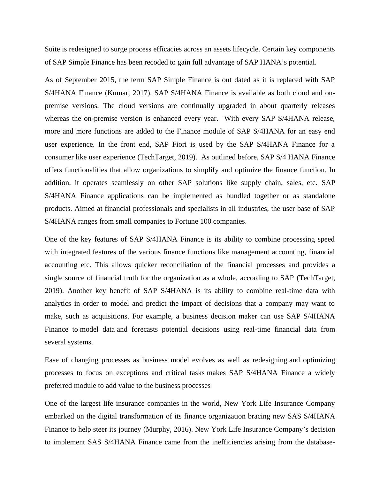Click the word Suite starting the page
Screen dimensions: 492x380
52,49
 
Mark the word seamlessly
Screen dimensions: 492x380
127,183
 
